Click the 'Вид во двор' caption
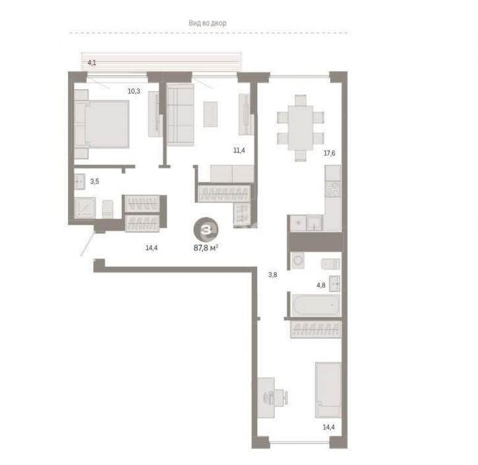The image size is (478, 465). click(x=207, y=23)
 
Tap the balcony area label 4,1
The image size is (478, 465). click(x=92, y=63)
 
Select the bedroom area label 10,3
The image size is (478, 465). click(x=134, y=91)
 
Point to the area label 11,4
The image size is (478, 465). click(x=239, y=150)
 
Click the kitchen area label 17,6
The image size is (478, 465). click(x=329, y=153)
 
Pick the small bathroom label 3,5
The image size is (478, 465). click(x=94, y=182)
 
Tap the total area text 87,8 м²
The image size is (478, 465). click(x=206, y=248)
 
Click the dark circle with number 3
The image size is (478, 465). click(x=206, y=229)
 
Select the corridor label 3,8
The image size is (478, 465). click(x=272, y=275)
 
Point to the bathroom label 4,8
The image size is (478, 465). click(x=320, y=285)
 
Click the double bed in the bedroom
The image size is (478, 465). click(x=102, y=124)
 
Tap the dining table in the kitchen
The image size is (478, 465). click(x=301, y=127)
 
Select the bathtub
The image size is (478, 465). click(x=316, y=304)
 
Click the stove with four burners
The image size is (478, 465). click(x=332, y=189)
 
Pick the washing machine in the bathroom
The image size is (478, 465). click(x=297, y=261)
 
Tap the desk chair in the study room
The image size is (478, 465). click(x=282, y=398)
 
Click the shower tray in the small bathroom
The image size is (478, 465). click(x=85, y=207)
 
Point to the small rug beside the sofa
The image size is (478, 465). click(x=210, y=114)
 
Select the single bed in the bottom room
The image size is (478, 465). click(x=328, y=390)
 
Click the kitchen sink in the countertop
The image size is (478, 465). click(x=314, y=223)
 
